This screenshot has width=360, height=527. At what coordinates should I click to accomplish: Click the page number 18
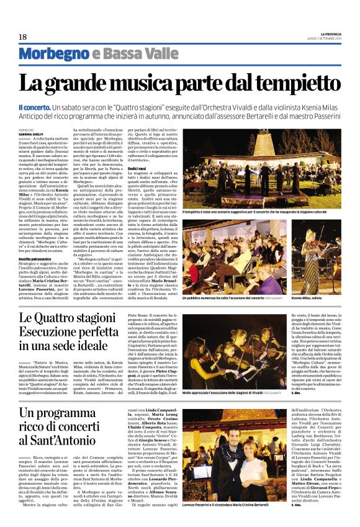(22, 37)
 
